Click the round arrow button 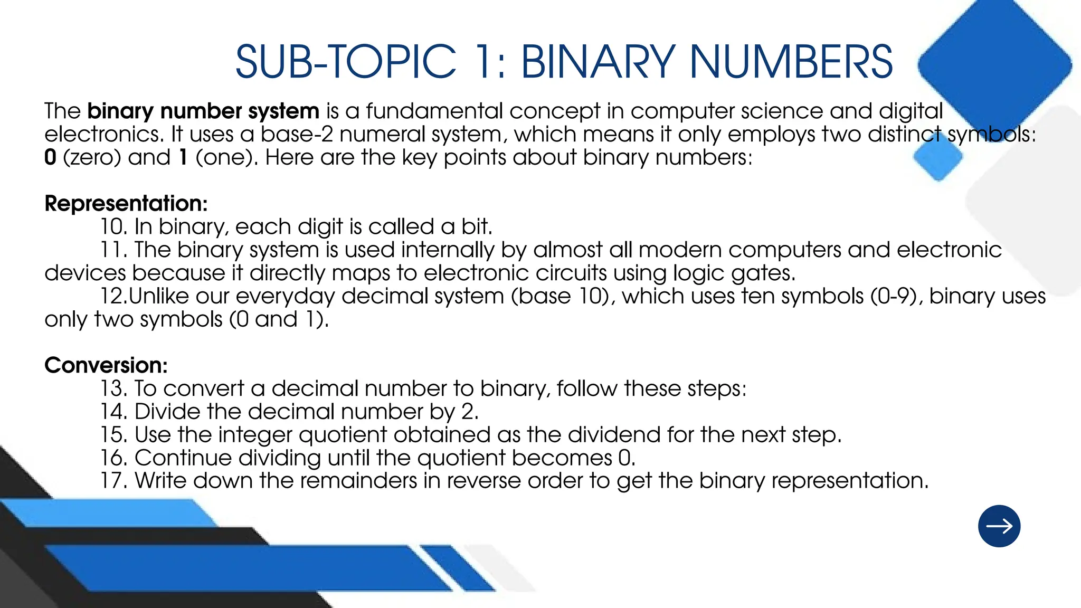999,526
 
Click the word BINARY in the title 598,62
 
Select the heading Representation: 126,203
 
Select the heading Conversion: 106,365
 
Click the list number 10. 114,226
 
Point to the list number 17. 114,481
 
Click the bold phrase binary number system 203,111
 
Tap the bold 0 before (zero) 50,157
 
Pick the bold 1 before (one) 183,157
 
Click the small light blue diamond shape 938,157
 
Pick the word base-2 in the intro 297,134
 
